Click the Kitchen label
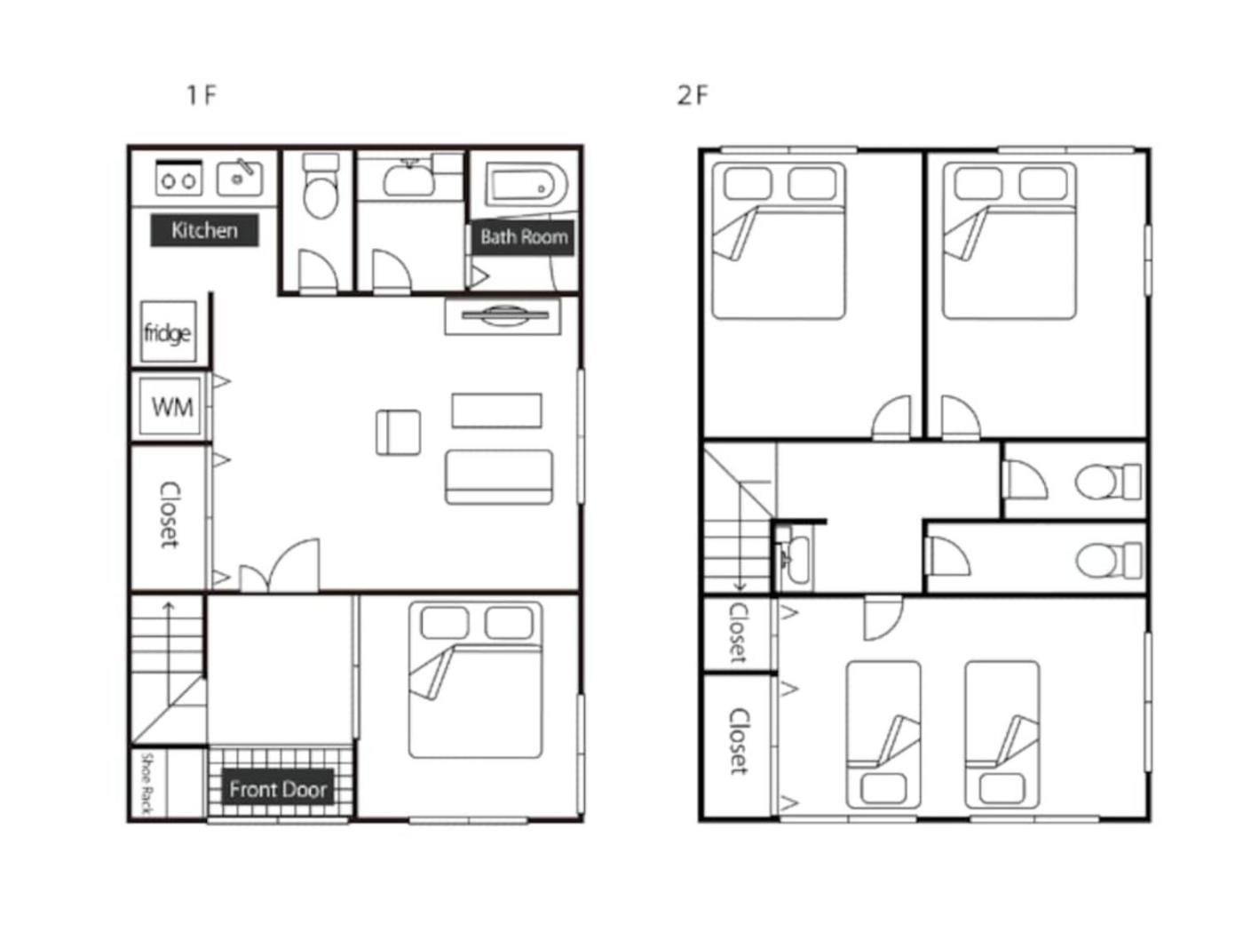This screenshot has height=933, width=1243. point(204,230)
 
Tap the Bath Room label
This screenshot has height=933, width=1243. point(523,236)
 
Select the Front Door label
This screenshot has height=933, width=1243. point(278,788)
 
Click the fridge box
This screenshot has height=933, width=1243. point(168,332)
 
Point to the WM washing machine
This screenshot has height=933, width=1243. point(170,406)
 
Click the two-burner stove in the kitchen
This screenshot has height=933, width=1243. point(178,178)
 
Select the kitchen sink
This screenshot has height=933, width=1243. point(240,178)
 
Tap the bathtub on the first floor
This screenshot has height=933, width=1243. point(526,185)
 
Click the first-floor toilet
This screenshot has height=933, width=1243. point(321,186)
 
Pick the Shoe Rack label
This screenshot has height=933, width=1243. point(146,784)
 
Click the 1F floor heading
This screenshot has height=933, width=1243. point(202,94)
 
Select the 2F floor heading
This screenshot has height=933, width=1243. point(692,95)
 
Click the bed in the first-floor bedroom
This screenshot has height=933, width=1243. point(475,680)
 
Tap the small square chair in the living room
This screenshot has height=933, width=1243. point(398,433)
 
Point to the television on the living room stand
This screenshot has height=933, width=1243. point(504,315)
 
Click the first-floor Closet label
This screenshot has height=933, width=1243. point(169,515)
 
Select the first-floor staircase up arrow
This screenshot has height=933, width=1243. point(168,651)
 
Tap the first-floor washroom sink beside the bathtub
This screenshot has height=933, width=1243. point(409,178)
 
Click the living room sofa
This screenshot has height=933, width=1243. point(499,477)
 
